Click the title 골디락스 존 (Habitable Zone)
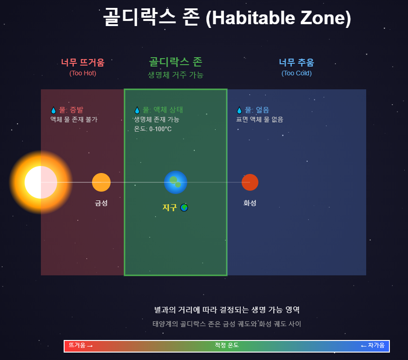click(227, 18)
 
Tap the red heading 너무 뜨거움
click(83, 62)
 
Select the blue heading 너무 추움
click(296, 62)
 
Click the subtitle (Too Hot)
click(83, 73)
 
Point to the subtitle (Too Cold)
click(296, 73)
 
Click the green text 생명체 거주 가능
click(176, 74)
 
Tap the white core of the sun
click(41, 182)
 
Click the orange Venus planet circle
click(101, 182)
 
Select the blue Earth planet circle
click(176, 182)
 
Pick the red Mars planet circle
click(250, 182)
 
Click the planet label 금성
click(101, 203)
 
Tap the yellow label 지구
click(170, 207)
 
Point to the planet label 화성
click(250, 203)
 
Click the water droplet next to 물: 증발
click(53, 110)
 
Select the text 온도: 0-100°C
click(152, 129)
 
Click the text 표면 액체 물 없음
click(259, 120)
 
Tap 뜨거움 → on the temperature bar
click(81, 346)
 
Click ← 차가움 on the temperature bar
click(373, 346)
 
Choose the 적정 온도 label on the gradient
click(227, 345)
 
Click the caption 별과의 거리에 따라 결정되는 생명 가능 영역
click(227, 310)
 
